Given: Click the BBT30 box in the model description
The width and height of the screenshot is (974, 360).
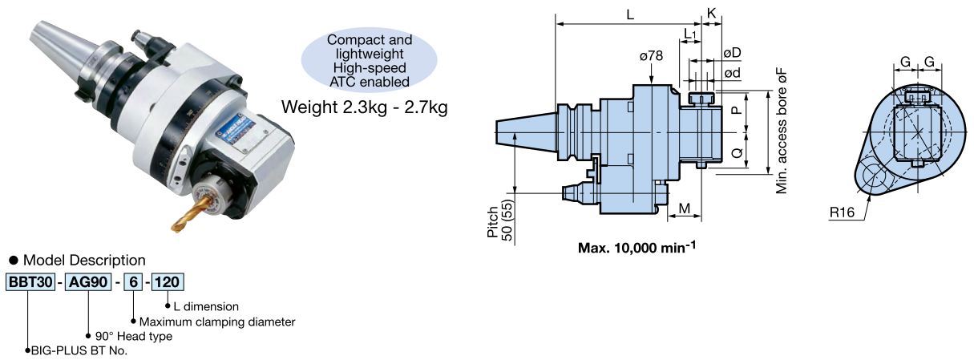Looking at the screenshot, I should coord(28,282).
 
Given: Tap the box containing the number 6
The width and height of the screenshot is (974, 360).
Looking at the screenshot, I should coord(132,282).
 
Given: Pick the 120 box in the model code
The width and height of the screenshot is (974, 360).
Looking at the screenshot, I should coord(168,282).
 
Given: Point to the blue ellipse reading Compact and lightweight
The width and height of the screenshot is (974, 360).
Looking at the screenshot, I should coord(370,60).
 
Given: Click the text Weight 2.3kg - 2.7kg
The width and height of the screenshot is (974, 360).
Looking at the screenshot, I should coord(365,107).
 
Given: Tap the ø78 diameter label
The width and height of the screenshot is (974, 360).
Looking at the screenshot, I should coord(651,56).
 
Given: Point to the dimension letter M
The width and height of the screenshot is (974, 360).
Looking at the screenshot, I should coord(685,208).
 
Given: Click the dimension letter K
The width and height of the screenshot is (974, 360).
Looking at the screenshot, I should coord(711,14).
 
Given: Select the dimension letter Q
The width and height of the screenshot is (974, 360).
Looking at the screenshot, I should coord(736,150).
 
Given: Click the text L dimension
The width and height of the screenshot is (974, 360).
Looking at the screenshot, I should coord(205,306).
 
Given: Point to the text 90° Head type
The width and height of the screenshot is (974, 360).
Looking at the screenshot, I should coord(133,336).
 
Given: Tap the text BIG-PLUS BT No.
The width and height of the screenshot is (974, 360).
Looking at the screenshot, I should coord(79,350).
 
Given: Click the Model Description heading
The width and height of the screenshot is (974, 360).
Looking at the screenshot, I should coord(83,260).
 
